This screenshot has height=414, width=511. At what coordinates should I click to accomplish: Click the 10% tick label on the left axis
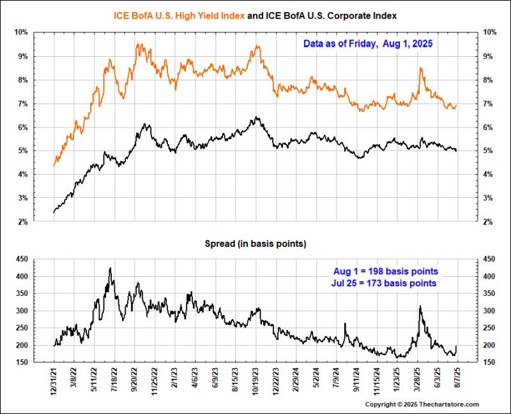click(21, 32)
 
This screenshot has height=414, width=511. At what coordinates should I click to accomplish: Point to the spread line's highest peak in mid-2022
click(111, 269)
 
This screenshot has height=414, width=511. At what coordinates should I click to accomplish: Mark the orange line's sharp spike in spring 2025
click(420, 68)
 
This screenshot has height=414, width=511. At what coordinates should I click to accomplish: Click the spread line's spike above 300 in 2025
click(420, 307)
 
